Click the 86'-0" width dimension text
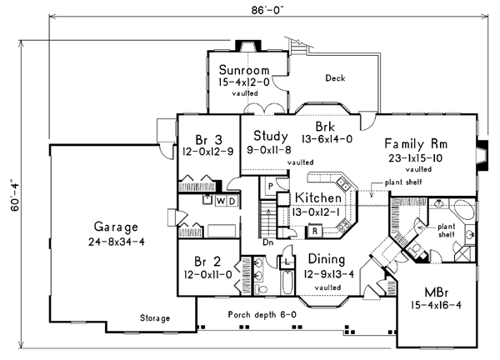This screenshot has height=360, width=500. [267, 10]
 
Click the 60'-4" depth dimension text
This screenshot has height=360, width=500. [15, 197]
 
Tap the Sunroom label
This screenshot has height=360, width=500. [244, 70]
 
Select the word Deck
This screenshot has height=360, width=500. [335, 78]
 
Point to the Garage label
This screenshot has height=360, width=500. [116, 227]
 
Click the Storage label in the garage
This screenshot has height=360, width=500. [155, 317]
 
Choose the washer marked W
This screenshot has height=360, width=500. [221, 201]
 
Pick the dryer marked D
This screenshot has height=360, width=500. [232, 201]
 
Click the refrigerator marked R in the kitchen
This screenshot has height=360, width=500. [315, 232]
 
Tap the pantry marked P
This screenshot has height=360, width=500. [270, 186]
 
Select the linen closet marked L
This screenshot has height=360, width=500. [287, 262]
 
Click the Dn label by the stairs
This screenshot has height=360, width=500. [268, 242]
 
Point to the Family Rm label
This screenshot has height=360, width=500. [416, 144]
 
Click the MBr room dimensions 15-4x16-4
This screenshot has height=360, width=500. [436, 306]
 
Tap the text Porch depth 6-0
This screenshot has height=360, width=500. [262, 315]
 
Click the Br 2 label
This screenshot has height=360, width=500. [207, 262]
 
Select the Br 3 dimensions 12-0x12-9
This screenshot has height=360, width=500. [207, 151]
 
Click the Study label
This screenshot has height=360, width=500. [271, 136]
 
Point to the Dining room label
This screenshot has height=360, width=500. [327, 259]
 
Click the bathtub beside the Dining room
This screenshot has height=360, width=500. [287, 282]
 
